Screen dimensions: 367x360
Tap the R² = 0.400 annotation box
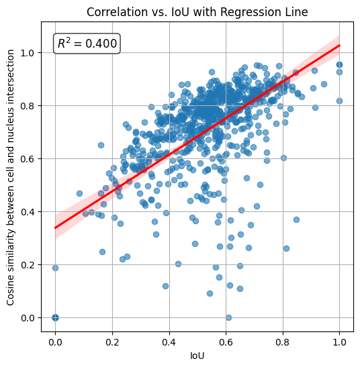[x=87, y=44]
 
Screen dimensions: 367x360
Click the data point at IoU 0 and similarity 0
[x=55, y=317]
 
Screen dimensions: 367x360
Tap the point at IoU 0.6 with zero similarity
[x=228, y=317]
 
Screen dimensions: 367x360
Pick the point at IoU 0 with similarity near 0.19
[x=55, y=268]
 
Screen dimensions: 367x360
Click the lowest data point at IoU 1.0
[x=339, y=101]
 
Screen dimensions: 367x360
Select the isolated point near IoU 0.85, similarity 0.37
[x=296, y=219]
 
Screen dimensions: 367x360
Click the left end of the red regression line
[x=55, y=228]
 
